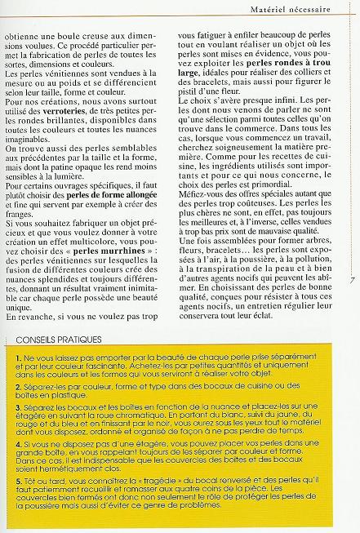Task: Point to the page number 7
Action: [x=350, y=280]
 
